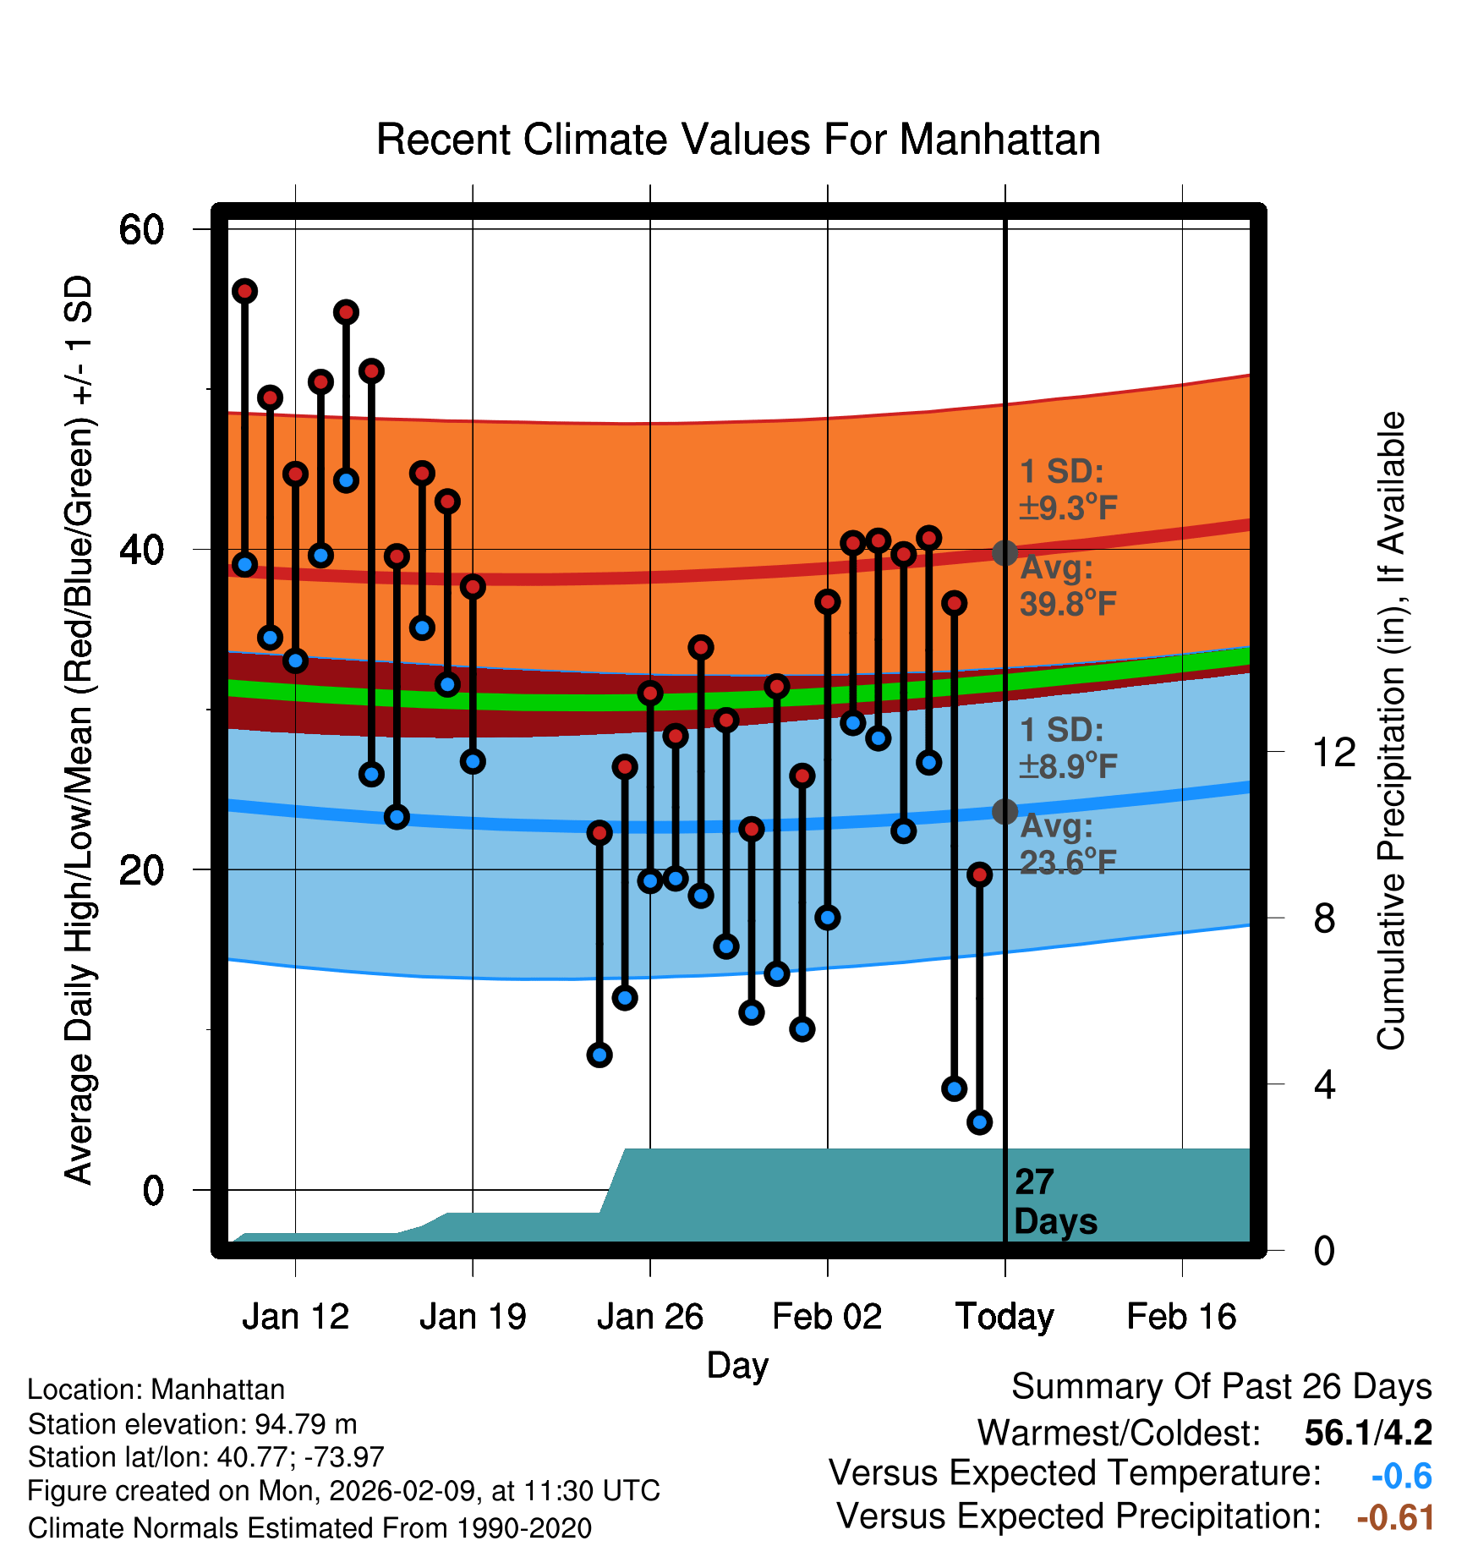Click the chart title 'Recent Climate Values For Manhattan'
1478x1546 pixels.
(x=738, y=140)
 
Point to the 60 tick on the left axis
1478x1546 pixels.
(x=141, y=229)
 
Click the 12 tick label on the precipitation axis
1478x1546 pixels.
(x=1334, y=752)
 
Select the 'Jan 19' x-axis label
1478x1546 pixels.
(x=473, y=1317)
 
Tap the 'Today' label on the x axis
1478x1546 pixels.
(x=1004, y=1317)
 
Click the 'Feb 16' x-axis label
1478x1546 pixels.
(x=1181, y=1317)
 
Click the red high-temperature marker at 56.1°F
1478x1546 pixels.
(x=245, y=292)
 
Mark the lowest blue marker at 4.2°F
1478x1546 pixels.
(x=979, y=1122)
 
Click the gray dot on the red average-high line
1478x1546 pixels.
(x=1004, y=553)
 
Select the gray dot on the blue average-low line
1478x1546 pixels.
(x=1004, y=812)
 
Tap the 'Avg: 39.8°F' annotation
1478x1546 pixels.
(x=1067, y=586)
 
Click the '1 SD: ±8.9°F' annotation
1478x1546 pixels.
(x=1067, y=748)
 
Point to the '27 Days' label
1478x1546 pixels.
(x=1054, y=1202)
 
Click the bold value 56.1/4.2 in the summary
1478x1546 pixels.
(x=1368, y=1433)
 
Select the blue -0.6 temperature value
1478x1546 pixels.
(x=1401, y=1476)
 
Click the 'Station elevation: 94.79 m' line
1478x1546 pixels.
(x=192, y=1424)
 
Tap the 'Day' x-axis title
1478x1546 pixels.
(x=737, y=1365)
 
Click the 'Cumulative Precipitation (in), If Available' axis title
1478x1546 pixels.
(x=1391, y=731)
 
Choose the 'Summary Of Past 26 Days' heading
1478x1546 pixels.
(x=1221, y=1387)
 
